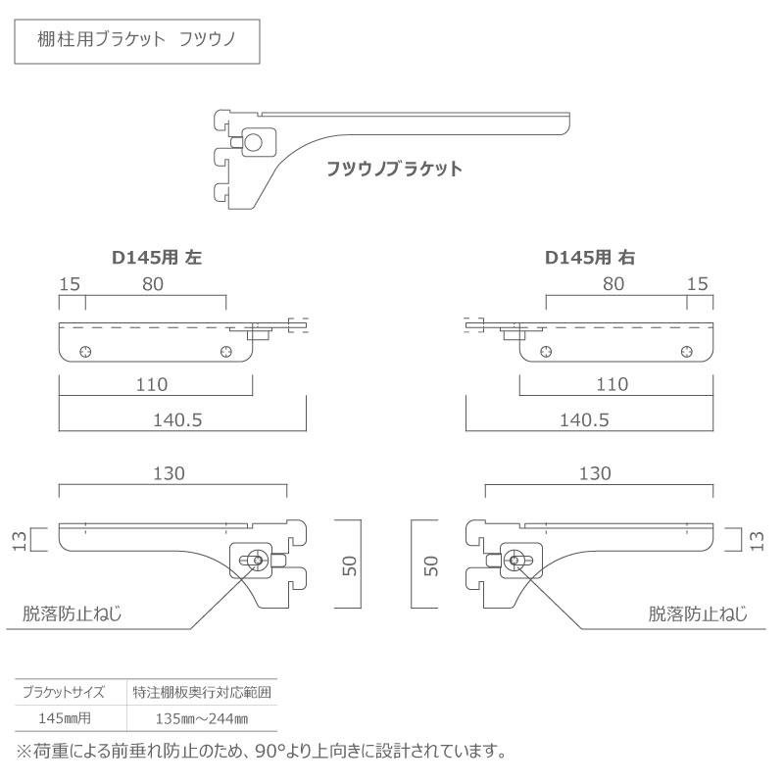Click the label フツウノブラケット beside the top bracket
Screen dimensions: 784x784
click(x=394, y=169)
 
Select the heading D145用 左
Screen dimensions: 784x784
click(x=157, y=259)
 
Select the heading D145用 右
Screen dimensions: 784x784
click(x=590, y=259)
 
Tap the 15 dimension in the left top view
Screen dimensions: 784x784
click(x=70, y=284)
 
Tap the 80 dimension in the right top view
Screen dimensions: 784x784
click(x=613, y=284)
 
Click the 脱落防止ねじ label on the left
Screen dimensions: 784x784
click(x=72, y=614)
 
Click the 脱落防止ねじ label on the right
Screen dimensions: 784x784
click(x=698, y=614)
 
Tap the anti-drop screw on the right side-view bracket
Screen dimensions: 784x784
click(x=515, y=561)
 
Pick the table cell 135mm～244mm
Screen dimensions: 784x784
click(x=202, y=718)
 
